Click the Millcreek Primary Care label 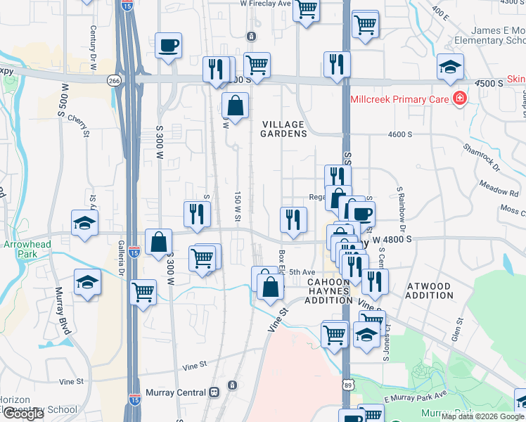(399, 99)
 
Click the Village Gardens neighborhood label (283, 129)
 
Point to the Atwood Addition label (430, 290)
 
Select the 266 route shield (114, 81)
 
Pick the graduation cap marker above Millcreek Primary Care (450, 67)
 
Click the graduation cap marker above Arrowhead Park (84, 223)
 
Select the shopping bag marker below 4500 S (235, 106)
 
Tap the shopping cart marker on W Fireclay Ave (307, 10)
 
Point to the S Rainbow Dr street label (403, 209)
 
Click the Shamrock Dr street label (480, 158)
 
